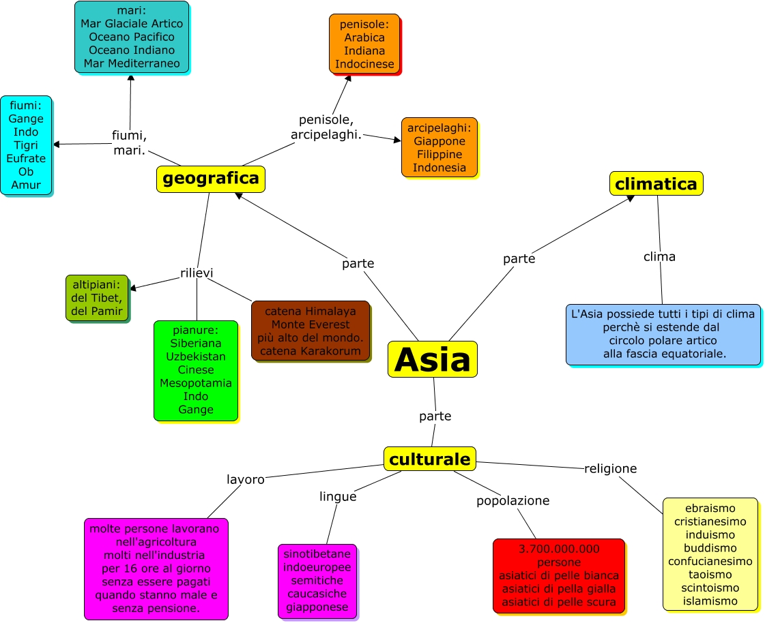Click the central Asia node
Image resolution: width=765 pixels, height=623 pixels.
432,359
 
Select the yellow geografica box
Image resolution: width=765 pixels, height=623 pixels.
210,179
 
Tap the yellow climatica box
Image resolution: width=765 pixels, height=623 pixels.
656,183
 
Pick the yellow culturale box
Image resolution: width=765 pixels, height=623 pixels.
429,459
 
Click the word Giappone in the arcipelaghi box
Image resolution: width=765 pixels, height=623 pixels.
439,141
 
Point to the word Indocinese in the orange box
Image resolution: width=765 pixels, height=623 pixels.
364,64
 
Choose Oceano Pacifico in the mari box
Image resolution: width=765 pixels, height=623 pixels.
132,37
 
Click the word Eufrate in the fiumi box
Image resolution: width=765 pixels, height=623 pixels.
26,158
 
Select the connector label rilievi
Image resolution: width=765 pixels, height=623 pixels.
197,273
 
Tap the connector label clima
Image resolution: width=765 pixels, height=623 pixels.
659,256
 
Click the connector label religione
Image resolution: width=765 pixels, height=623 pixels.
610,468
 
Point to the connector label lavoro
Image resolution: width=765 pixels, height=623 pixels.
245,479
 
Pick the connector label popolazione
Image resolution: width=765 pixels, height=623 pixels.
513,500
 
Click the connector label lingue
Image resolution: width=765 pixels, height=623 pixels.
338,496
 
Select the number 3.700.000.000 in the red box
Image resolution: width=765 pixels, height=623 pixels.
558,549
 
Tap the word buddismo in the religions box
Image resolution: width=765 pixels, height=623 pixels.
710,547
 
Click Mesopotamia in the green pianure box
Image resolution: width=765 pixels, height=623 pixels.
196,383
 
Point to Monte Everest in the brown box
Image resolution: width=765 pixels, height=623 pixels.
310,324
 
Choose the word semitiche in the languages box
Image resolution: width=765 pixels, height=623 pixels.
317,581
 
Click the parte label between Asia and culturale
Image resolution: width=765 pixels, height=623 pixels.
435,416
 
